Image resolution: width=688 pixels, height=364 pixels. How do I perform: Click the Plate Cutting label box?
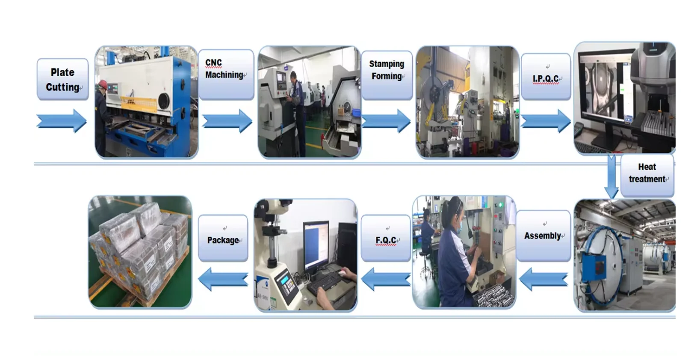(62, 80)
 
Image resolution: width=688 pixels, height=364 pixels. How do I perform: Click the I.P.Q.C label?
(546, 77)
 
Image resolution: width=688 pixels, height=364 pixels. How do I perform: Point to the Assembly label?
(543, 236)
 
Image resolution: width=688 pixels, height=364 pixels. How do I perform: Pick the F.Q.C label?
(386, 239)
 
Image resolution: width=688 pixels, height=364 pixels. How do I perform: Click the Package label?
(223, 239)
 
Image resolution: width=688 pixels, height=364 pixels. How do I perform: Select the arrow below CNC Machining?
(227, 121)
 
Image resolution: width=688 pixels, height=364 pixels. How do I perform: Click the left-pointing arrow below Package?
(223, 279)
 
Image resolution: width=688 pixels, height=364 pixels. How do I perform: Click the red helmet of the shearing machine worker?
(103, 83)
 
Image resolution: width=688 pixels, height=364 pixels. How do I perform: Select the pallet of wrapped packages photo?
(140, 252)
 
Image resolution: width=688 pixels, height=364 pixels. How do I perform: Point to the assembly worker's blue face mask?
(458, 221)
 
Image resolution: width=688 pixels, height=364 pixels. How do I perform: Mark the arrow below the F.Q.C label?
(386, 279)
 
